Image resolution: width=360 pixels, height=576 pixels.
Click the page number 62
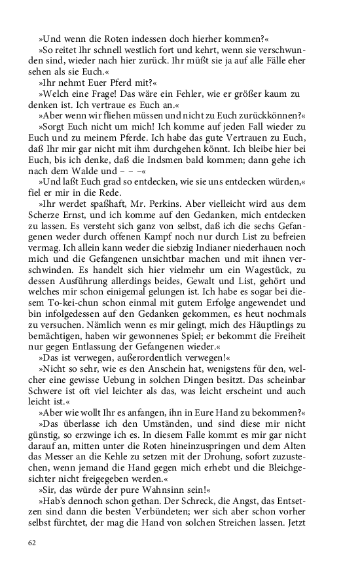32,543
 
